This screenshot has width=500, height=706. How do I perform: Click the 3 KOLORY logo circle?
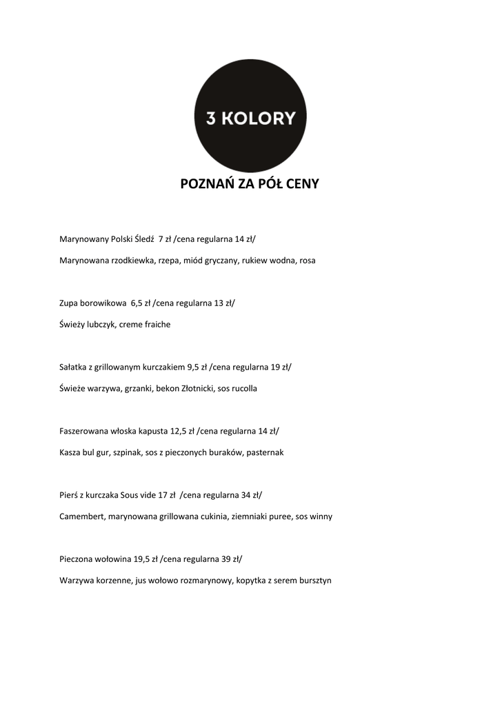click(250, 116)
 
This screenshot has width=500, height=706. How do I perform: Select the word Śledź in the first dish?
click(144, 239)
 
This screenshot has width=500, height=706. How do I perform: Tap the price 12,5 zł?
click(182, 431)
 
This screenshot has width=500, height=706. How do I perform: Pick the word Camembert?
click(82, 516)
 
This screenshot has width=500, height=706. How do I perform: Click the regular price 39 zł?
click(231, 559)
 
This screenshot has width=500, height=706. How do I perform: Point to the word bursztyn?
click(314, 581)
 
